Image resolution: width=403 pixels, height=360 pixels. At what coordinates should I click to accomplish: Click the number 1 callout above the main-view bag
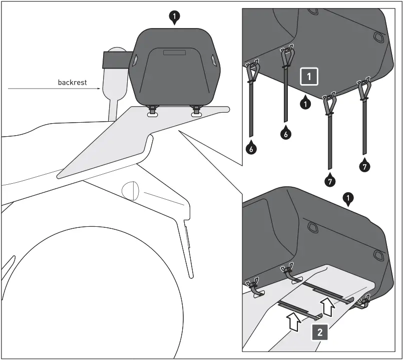174,18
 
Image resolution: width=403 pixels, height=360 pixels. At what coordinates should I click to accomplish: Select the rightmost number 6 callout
284,134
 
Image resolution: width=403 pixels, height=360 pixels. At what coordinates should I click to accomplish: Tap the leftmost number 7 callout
330,182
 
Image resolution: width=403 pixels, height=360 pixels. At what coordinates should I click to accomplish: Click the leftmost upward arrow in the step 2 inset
294,321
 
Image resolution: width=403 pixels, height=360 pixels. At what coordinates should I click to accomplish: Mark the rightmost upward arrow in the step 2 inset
328,306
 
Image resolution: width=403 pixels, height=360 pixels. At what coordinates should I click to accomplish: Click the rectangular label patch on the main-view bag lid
173,52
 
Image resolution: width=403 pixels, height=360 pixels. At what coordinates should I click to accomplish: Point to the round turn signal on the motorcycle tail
129,191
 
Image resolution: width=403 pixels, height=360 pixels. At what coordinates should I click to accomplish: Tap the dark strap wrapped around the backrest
114,60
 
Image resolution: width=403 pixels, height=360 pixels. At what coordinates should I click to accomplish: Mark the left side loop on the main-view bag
135,61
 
